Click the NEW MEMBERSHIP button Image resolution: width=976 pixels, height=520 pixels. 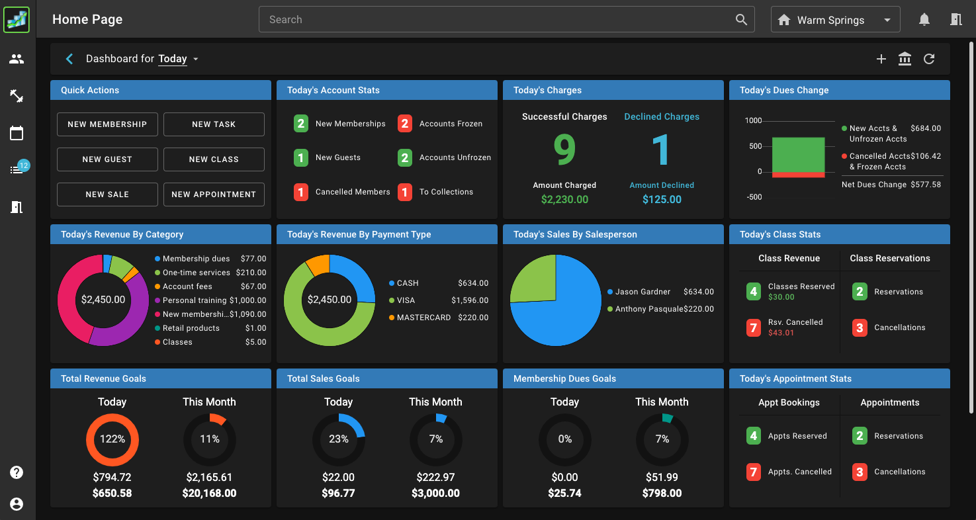[107, 124]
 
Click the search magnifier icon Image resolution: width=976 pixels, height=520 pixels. [741, 20]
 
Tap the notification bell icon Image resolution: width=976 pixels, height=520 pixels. [924, 20]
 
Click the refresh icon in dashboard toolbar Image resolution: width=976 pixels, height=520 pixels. [929, 59]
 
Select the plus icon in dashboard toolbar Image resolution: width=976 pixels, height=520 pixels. [881, 59]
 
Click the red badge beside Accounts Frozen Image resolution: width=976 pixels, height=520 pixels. [405, 124]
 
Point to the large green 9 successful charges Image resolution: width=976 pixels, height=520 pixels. [564, 151]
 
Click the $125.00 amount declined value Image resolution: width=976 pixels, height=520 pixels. [662, 199]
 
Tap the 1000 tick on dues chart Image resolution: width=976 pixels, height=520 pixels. [754, 121]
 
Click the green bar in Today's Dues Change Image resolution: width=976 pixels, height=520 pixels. [798, 154]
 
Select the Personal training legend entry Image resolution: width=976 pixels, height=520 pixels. [210, 300]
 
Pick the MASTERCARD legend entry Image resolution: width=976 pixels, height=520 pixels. [423, 318]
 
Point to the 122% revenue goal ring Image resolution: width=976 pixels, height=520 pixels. [112, 439]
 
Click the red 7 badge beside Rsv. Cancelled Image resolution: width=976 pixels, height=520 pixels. [753, 327]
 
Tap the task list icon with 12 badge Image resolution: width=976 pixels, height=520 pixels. [17, 170]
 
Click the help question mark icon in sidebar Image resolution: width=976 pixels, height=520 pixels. [17, 472]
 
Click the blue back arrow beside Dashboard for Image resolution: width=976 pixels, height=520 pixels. [69, 59]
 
